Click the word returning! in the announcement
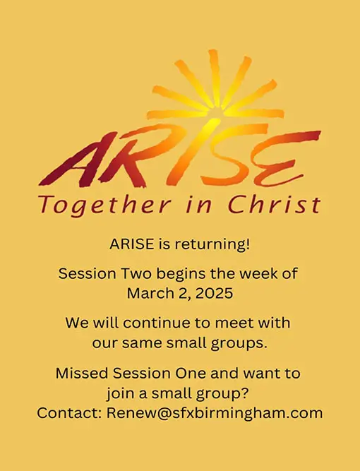point(215,245)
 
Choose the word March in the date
point(150,292)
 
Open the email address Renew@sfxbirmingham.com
point(215,412)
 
